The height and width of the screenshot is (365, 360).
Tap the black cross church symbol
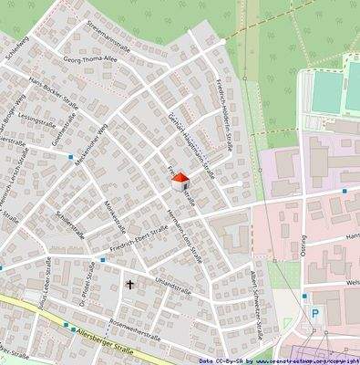[x=129, y=286]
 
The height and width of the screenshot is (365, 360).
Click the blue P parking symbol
[x=315, y=313]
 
